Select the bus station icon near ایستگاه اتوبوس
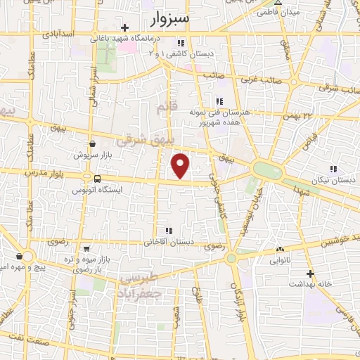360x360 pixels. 97,178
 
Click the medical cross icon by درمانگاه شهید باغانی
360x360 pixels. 124,28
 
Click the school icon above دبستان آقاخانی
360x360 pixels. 167,231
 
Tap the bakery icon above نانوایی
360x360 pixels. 280,249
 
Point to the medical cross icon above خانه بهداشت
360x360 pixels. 309,273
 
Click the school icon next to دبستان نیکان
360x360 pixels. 333,168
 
